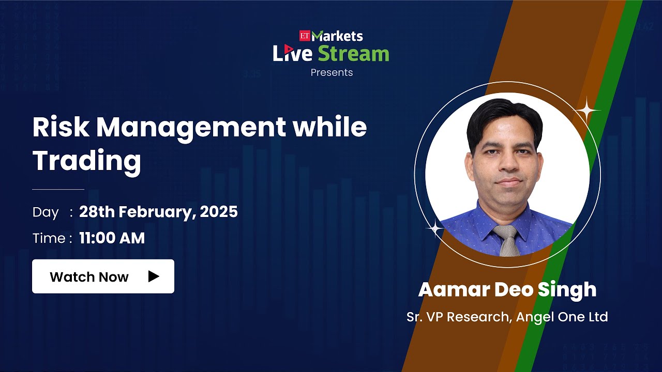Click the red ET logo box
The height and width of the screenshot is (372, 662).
point(304,36)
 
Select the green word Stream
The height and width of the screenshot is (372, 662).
point(353,54)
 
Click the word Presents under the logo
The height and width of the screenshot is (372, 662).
point(332,73)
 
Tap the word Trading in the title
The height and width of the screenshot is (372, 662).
point(86,161)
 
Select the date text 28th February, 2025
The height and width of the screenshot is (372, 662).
point(158,212)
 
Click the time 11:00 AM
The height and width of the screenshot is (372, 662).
point(112,238)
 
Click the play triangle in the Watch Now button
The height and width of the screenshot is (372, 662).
point(153,276)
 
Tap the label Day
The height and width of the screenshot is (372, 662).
point(46,212)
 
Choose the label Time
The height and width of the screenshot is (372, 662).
point(49,239)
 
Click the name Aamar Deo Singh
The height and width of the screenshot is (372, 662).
point(507,290)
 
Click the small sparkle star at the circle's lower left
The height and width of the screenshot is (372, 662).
point(435,228)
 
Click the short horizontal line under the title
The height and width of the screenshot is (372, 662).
point(58,190)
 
